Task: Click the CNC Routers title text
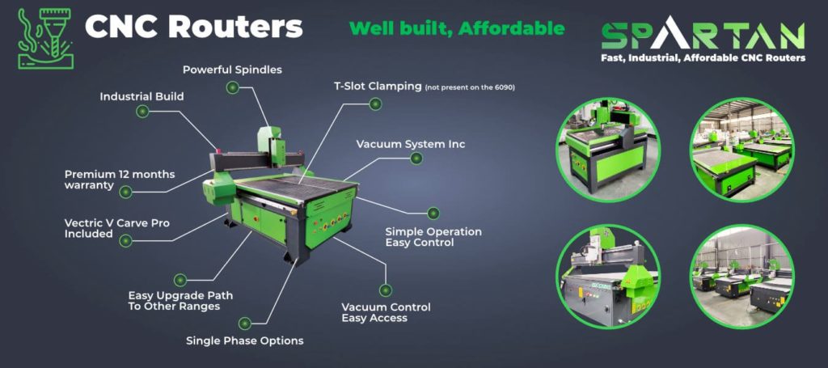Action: (194, 27)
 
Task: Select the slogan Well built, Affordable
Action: (457, 28)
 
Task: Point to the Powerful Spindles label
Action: (232, 70)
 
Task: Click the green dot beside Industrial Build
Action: (142, 111)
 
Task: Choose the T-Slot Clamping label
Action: (378, 86)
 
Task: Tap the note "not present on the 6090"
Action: (470, 87)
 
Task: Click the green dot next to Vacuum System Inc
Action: (416, 158)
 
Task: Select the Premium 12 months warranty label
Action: (120, 180)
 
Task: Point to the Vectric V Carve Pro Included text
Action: (116, 228)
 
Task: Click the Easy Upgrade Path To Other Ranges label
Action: (180, 301)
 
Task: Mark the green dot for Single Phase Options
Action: (244, 324)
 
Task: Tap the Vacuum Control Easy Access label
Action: (386, 312)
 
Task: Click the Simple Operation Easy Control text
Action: (433, 237)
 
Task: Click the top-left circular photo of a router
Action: (608, 150)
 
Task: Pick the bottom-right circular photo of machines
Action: (742, 276)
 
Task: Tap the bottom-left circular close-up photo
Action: (608, 276)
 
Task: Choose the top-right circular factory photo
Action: (742, 150)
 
